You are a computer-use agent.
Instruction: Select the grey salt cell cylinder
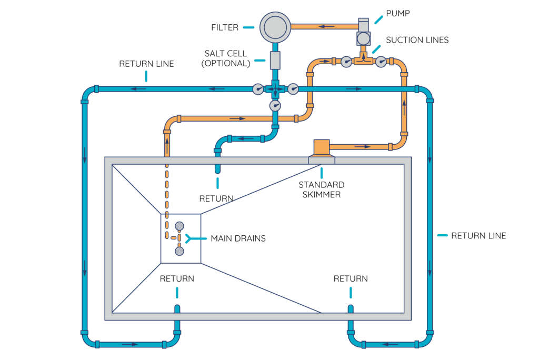275,60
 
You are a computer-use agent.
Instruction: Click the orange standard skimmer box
321,148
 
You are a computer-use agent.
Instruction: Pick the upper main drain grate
179,226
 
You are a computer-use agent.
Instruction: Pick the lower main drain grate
179,251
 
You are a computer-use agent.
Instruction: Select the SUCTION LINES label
417,40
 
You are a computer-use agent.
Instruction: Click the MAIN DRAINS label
238,238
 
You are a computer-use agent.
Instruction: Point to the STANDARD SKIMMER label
321,189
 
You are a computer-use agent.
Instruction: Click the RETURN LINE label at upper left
146,64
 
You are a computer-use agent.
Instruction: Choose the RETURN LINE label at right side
478,235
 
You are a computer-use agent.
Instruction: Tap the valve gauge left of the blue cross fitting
258,89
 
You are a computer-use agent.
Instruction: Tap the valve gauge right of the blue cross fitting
293,89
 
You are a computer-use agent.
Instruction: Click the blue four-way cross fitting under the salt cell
275,89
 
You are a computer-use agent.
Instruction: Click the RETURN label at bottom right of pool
351,278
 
